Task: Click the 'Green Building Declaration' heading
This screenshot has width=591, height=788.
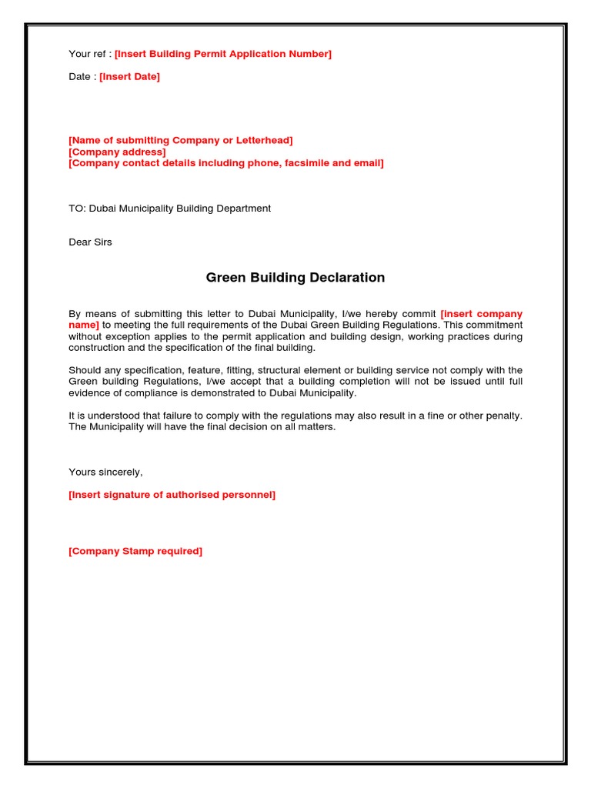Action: [x=295, y=277]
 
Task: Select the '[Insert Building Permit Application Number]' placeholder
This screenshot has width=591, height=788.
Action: [x=223, y=54]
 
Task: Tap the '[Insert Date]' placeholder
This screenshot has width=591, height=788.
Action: [x=129, y=77]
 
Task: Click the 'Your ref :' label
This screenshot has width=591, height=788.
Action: [x=90, y=54]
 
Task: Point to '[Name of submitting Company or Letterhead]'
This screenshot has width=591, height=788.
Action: [x=181, y=140]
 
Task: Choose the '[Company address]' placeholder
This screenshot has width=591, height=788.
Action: [x=117, y=152]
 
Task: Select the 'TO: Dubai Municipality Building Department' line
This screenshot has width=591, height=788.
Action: [x=170, y=209]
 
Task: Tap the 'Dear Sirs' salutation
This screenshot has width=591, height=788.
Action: [x=90, y=242]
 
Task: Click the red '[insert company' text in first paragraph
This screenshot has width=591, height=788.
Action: [x=481, y=314]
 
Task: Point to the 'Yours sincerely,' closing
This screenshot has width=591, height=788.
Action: [x=105, y=472]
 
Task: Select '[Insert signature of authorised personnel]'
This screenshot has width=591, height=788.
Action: [x=172, y=495]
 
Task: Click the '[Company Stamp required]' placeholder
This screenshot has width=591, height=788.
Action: [x=135, y=551]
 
